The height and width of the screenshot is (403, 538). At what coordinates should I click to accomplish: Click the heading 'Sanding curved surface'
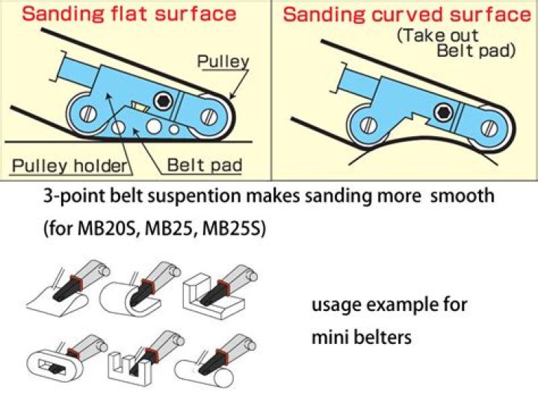[x=406, y=14]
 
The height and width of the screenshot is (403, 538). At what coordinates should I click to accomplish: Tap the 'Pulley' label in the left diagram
[x=223, y=61]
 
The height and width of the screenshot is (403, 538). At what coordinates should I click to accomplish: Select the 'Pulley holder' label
[x=67, y=164]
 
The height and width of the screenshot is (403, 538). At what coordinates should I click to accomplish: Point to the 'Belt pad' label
[x=204, y=164]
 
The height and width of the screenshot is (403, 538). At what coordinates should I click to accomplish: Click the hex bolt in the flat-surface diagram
[x=164, y=100]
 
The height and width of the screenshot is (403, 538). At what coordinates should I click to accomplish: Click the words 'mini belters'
[x=362, y=337]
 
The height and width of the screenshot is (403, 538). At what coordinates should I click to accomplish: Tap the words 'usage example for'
[x=389, y=305]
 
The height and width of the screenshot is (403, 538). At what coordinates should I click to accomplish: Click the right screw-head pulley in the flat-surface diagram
[x=211, y=117]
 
